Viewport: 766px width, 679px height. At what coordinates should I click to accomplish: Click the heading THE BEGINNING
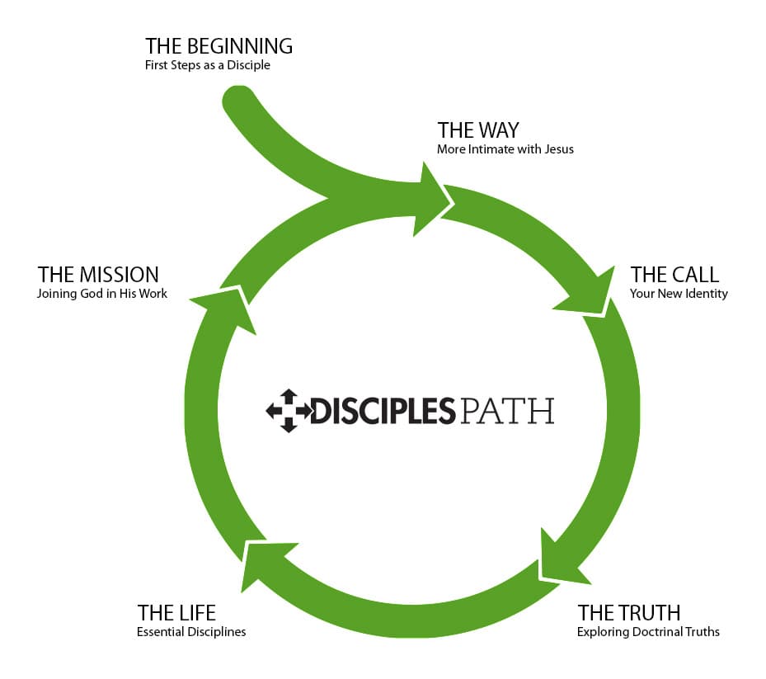click(219, 46)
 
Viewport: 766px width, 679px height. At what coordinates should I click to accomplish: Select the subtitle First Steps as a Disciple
click(207, 65)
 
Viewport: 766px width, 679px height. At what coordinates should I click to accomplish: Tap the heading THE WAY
click(478, 130)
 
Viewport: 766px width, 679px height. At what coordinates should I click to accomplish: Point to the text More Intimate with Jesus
click(505, 149)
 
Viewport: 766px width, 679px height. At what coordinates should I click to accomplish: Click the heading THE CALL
click(674, 274)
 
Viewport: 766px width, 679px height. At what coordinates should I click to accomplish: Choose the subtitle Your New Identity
click(679, 293)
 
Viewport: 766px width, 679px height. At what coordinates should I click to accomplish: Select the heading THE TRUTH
click(629, 613)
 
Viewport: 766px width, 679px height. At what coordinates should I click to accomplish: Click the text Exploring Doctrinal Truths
click(648, 632)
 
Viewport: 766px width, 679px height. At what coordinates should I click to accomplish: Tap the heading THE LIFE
click(176, 613)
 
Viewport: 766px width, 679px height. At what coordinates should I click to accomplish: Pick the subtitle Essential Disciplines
click(191, 632)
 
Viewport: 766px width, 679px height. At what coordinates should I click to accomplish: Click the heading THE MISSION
click(98, 274)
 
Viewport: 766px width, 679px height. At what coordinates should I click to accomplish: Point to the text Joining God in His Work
click(102, 293)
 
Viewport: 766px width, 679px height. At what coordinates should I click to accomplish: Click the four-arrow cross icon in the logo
click(288, 410)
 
